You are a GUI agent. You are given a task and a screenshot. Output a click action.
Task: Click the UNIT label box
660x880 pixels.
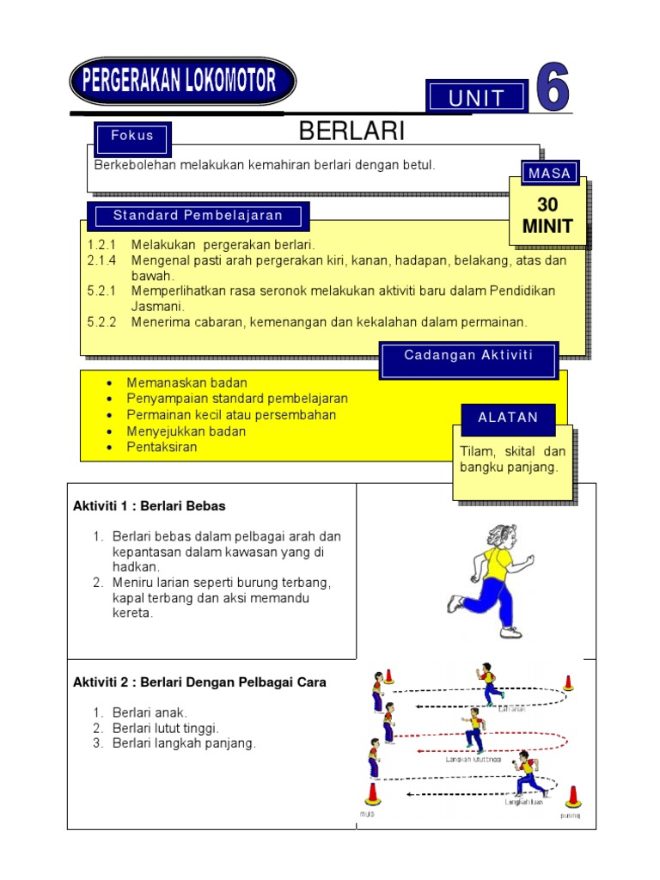tap(476, 97)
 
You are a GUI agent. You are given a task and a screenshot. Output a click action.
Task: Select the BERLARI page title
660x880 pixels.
tap(351, 131)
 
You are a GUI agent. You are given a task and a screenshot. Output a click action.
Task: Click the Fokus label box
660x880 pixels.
tap(132, 136)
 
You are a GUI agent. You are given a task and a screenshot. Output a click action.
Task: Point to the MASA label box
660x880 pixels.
tap(549, 173)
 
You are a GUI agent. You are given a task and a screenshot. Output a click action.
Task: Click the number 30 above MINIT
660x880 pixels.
tap(547, 205)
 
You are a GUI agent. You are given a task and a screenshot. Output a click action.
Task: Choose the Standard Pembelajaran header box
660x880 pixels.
tap(198, 215)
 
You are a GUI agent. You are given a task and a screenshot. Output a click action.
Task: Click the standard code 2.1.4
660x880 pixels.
tap(101, 260)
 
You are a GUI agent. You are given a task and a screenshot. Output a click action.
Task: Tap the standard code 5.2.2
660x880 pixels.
tap(101, 322)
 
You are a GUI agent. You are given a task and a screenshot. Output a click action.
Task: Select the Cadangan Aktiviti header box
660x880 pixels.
tap(468, 356)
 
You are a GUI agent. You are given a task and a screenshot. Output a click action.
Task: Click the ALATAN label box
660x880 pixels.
tap(508, 418)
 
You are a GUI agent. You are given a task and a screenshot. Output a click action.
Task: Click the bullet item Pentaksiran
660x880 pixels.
tap(162, 447)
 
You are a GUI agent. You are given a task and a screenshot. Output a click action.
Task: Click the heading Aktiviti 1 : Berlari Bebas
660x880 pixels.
tap(150, 506)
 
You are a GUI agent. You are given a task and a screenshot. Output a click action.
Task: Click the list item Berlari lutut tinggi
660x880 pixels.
tap(166, 728)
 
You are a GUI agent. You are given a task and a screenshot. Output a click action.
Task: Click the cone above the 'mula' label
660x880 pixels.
tap(372, 792)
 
